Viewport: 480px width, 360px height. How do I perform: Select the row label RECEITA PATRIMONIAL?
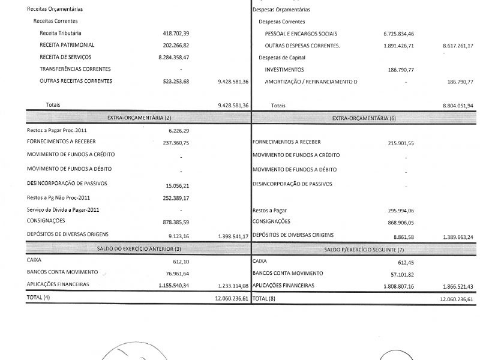tap(67, 45)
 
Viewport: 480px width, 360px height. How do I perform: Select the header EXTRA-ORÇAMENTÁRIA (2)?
tap(139, 118)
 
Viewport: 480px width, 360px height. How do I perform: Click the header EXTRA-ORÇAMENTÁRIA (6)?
tap(364, 118)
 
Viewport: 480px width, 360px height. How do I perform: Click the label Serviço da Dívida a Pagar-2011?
tap(63, 209)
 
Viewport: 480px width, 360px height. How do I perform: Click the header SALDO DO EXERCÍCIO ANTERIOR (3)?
tap(139, 248)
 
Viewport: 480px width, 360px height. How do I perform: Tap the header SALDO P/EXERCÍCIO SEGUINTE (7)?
tap(364, 249)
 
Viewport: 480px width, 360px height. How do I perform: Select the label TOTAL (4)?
tap(38, 298)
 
